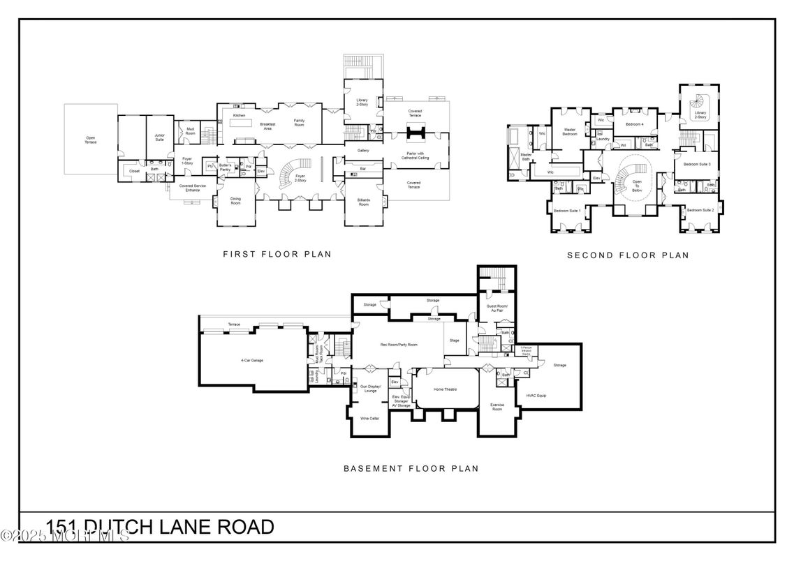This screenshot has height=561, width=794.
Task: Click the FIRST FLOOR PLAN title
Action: (277, 255)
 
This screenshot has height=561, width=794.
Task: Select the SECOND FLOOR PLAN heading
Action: (627, 255)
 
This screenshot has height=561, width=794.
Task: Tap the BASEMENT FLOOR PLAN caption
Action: (411, 468)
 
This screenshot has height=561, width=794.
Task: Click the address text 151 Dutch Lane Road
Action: (160, 527)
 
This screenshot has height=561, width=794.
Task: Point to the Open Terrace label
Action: (91, 140)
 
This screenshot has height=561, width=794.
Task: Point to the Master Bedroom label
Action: (571, 132)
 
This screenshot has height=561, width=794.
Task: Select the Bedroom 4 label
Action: (633, 124)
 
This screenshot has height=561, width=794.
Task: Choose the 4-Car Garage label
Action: (252, 360)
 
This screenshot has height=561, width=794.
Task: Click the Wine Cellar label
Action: (369, 419)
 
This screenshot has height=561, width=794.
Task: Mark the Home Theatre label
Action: (445, 389)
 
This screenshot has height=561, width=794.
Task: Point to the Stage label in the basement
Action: (454, 341)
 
